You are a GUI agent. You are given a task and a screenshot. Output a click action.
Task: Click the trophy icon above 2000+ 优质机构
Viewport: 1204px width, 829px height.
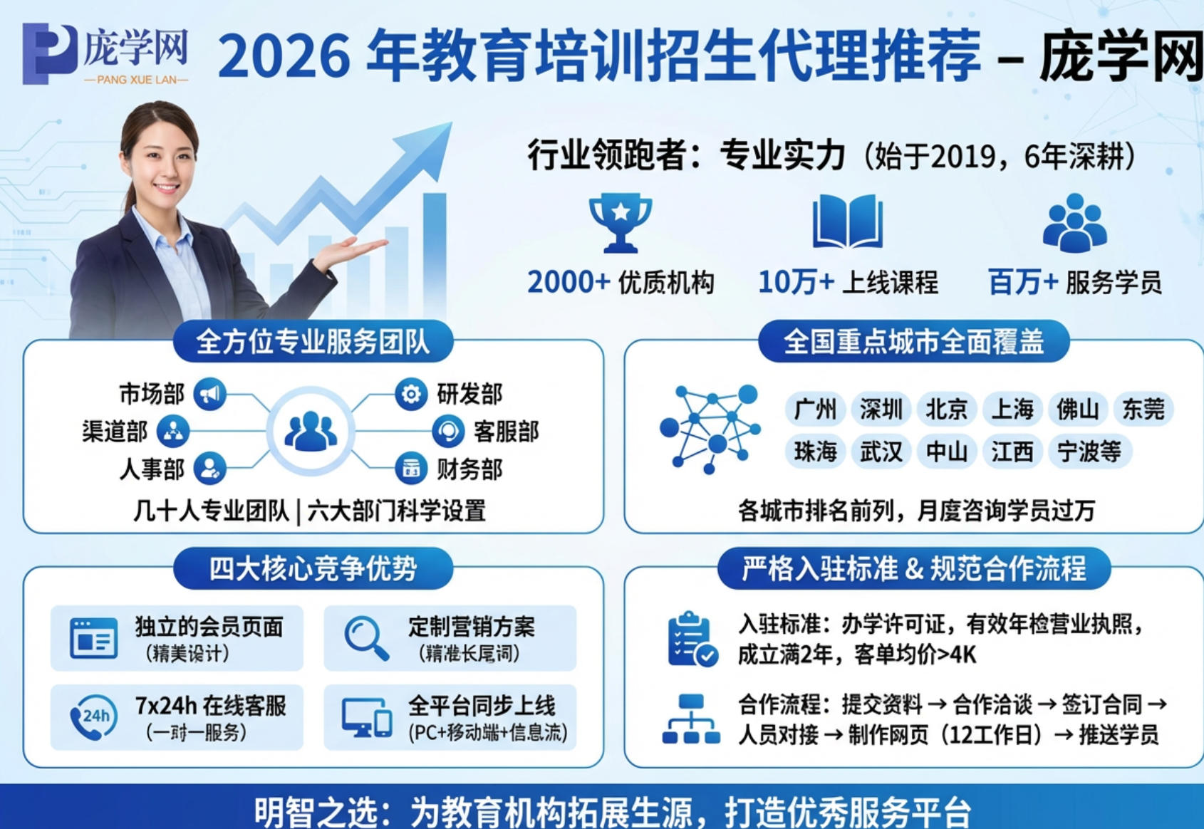tap(620, 222)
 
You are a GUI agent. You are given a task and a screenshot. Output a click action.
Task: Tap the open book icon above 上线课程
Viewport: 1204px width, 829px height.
tap(847, 221)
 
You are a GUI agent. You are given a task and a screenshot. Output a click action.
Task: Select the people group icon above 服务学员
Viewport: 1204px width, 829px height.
tap(1074, 223)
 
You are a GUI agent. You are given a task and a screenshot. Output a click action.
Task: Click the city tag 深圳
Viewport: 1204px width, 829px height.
tap(881, 410)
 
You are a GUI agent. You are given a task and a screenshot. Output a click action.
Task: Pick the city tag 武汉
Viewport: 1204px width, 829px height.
tap(881, 452)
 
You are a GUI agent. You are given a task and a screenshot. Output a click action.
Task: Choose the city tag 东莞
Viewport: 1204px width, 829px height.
tap(1143, 410)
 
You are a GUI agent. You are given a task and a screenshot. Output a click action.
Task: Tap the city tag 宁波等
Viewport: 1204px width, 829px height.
tap(1089, 452)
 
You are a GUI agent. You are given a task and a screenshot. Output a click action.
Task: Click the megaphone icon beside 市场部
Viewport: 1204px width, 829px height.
tap(209, 394)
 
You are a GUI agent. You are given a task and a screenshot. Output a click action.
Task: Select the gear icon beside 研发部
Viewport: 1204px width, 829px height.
tap(411, 394)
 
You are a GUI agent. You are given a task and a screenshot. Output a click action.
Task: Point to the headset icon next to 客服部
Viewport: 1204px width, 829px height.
tap(448, 432)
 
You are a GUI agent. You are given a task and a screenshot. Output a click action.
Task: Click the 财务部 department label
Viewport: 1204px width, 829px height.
tap(469, 469)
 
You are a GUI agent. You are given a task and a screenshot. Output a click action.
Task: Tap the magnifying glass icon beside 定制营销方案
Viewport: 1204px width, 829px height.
tap(366, 637)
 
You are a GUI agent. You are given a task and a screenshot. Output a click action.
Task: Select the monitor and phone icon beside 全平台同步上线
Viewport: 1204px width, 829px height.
tap(366, 717)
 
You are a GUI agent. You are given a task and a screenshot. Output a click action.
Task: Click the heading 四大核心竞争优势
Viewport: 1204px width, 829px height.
tap(313, 568)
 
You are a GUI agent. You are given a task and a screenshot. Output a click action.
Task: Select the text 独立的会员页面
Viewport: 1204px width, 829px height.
tap(209, 627)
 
